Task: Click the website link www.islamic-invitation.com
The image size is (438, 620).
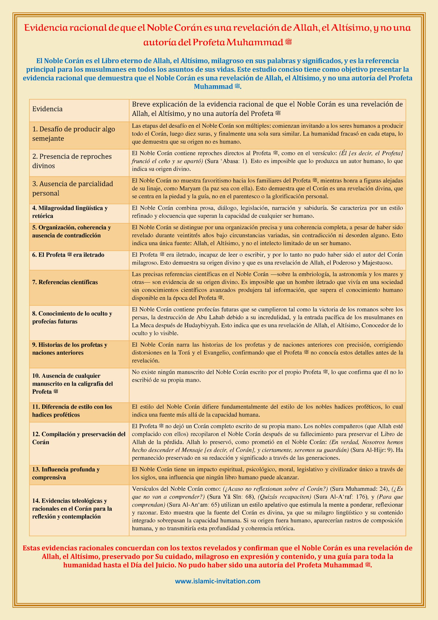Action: [218, 581]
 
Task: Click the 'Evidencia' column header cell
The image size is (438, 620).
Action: [47, 109]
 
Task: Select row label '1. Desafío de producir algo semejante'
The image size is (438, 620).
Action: [73, 134]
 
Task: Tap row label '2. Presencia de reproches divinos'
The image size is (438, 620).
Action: [72, 161]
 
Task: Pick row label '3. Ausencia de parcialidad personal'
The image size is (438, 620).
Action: [73, 189]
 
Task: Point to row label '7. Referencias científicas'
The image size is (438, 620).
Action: [65, 282]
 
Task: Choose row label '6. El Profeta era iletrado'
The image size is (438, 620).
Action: [68, 255]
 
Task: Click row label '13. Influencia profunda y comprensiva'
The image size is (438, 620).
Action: [66, 473]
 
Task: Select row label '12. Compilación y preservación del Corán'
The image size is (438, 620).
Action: [79, 438]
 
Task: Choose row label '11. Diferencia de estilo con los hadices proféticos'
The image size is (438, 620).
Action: [72, 411]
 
